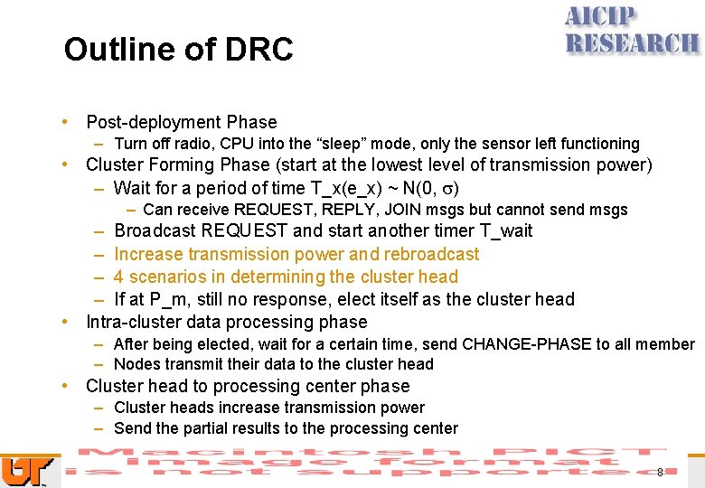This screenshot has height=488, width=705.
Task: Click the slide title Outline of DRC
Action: [x=178, y=50]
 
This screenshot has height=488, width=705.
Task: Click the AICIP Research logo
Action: [x=632, y=32]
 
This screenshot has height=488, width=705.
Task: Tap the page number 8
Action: [x=660, y=472]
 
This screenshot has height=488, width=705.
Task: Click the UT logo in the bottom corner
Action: [x=18, y=470]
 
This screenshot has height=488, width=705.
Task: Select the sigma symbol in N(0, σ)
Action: [x=447, y=189]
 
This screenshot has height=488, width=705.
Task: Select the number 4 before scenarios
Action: [x=119, y=277]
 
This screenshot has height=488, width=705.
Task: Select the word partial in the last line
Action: [x=207, y=428]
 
